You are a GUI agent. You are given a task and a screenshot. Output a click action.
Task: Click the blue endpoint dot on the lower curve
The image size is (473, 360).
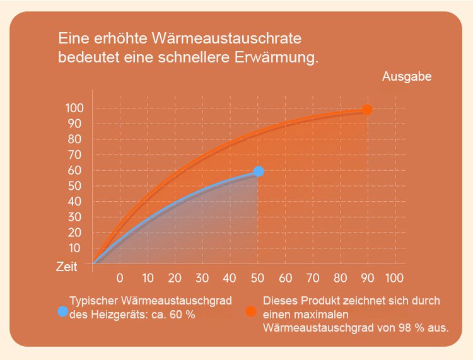[258, 171]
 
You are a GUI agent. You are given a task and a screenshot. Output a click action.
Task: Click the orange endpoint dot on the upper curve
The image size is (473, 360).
[367, 110]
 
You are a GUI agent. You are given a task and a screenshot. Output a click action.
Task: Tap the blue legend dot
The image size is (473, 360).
[62, 311]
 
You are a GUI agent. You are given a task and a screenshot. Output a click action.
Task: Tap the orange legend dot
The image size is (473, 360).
[252, 311]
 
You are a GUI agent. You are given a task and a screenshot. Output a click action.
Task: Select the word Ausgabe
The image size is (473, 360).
[407, 76]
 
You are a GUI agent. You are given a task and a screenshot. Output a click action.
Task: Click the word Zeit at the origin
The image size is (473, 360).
[66, 267]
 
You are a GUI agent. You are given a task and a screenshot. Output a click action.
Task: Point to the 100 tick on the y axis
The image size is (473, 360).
[74, 108]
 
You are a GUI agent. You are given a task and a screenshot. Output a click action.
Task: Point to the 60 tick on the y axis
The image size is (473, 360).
[74, 170]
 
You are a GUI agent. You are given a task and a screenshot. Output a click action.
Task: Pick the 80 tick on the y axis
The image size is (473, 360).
[74, 139]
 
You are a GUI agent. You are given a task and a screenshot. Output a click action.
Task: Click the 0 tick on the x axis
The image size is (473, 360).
[120, 277]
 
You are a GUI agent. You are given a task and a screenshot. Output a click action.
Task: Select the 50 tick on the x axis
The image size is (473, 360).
[257, 277]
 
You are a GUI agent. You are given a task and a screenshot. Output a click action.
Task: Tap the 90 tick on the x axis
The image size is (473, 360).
[367, 277]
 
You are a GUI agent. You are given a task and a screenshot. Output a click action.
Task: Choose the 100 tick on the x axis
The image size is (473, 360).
[394, 277]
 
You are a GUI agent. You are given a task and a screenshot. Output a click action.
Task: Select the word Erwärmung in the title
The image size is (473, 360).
[277, 58]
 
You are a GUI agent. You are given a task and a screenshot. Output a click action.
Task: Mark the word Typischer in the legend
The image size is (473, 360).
[92, 301]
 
